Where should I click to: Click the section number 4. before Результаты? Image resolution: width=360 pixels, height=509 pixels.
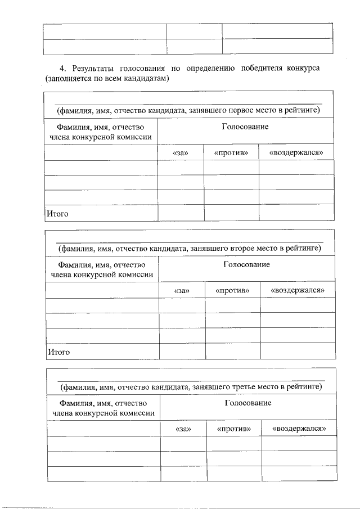coord(62,69)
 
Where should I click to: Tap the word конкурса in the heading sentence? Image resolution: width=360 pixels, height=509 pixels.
coord(303,69)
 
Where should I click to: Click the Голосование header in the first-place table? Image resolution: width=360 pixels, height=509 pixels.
coord(245,127)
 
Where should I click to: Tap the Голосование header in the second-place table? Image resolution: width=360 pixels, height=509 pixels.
coord(246,264)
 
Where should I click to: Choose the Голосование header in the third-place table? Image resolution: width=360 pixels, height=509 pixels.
coord(248,403)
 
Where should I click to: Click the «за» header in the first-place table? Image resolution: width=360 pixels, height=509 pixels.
coord(181,153)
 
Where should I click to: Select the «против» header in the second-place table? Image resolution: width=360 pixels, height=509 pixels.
coord(232,291)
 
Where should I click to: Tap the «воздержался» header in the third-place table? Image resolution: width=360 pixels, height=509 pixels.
coord(299,429)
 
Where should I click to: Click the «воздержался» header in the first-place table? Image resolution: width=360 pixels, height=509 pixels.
coord(296,153)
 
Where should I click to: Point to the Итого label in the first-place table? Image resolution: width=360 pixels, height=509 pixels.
coord(58,214)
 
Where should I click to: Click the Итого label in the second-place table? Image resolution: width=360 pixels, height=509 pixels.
coord(59,352)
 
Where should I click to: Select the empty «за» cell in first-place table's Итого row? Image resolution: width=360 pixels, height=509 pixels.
coord(181,213)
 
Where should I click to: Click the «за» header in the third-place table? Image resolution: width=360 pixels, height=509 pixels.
coord(183,429)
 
